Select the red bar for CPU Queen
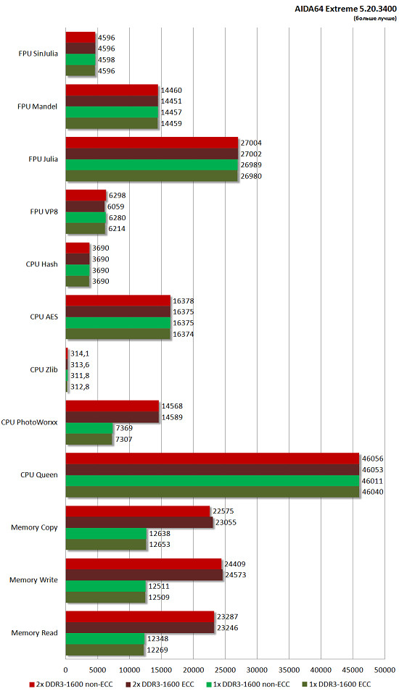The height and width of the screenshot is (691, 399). pos(212,458)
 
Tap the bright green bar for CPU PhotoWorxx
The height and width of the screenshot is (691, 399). pos(89,428)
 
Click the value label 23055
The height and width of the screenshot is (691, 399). pos(225,522)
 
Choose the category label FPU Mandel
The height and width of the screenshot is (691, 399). pos(38,106)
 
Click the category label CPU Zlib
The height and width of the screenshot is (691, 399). pos(44,369)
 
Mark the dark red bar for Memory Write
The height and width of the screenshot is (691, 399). pos(144,574)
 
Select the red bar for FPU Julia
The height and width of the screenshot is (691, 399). pos(152,143)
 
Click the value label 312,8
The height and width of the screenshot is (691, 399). pos(80,387)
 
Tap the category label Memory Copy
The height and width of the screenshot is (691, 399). pos(34,527)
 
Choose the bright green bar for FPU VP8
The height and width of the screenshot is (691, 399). pos(86,217)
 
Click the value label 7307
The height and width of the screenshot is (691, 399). pos(124,440)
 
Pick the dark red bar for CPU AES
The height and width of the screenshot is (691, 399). pos(118,311)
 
